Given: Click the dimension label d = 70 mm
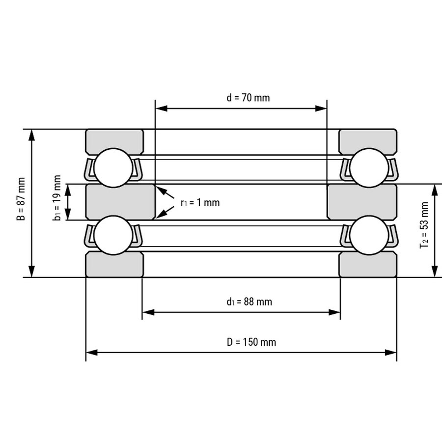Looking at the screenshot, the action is [x=248, y=98].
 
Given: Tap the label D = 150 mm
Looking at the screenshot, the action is [x=251, y=342].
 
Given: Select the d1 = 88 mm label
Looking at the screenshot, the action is [x=249, y=302].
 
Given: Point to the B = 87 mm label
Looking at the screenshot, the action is [x=22, y=199].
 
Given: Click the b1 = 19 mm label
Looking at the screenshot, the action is [x=57, y=198].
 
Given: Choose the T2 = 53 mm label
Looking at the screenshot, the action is [x=424, y=225].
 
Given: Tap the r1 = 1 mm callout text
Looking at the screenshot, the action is [x=200, y=203].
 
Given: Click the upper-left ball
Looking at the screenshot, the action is [x=113, y=168].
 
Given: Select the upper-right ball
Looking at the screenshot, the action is [x=369, y=168].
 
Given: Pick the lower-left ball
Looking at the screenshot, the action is [x=113, y=235].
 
